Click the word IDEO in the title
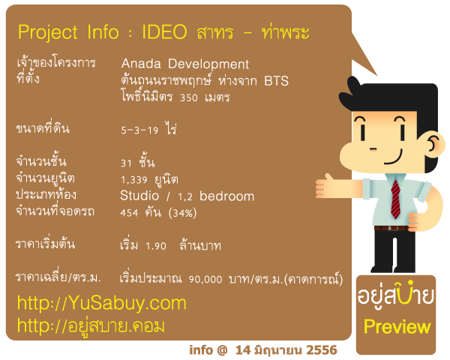coord(164,31)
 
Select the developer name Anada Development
coord(185,64)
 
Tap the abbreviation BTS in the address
coord(276,81)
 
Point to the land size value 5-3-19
coord(139,130)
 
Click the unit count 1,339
coord(134,180)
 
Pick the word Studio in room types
coord(139,196)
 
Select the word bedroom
coord(226,196)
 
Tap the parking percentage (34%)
coord(182,213)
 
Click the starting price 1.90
coord(156,246)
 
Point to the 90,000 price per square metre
coord(205,279)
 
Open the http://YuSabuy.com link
coord(101,303)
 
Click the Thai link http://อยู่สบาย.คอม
coord(91,325)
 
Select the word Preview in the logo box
coord(397,328)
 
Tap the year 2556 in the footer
coord(322,350)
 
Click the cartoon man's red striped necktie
coord(395,199)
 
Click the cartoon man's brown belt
coord(390,228)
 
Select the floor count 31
coord(126,163)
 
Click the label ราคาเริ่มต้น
coord(46,244)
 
